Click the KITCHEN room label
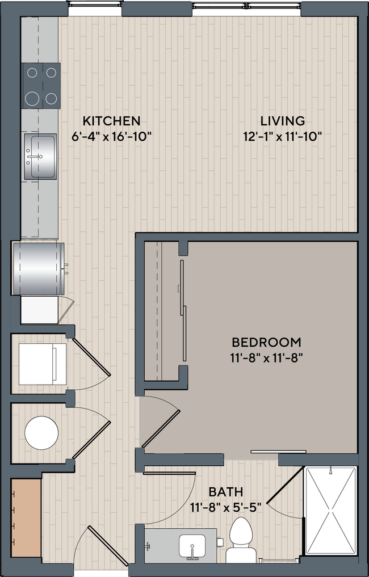tap(111, 121)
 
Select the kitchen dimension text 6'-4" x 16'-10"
tap(111, 136)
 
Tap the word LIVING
tap(282, 121)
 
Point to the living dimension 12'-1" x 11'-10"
tap(282, 136)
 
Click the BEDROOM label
tap(266, 342)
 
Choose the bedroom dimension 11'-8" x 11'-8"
tap(266, 358)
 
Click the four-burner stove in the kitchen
tap(40, 85)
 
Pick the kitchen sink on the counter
tap(40, 149)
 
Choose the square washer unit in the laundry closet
tap(38, 363)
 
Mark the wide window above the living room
tap(247, 7)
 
